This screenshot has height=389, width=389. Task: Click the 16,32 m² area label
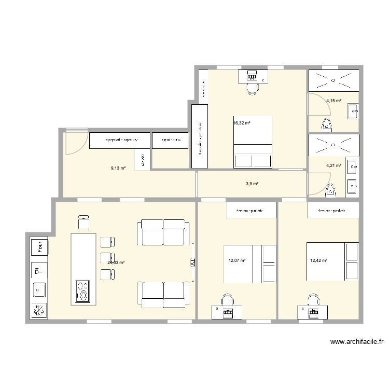242,123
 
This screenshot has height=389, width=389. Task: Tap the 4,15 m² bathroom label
334,101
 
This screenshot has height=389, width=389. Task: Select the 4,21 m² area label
334,166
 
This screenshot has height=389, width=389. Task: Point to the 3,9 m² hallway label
252,184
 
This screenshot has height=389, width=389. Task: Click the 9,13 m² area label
118,168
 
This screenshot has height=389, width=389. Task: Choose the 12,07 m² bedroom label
237,261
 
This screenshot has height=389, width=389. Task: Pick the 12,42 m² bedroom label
318,260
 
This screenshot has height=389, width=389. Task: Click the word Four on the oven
39,247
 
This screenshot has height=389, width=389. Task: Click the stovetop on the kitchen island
83,290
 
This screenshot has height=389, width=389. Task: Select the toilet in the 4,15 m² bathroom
327,124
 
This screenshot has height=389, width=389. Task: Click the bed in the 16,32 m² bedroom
253,142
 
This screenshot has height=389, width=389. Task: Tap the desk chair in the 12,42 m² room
312,300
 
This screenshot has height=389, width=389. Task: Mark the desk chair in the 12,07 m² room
227,300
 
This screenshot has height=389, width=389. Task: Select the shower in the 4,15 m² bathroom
333,80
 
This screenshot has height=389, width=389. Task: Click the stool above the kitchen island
83,222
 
